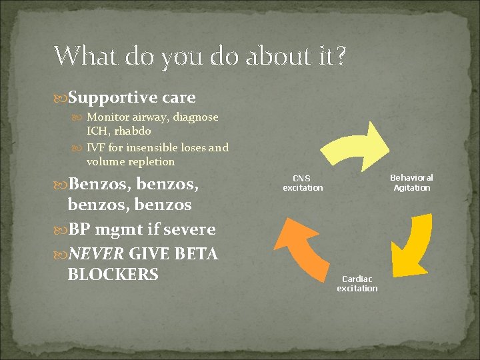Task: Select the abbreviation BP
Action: [x=80, y=229]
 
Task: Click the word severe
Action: [x=190, y=229]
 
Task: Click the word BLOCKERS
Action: [x=113, y=274]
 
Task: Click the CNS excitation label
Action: [x=303, y=183]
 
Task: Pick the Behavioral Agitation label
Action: [x=411, y=183]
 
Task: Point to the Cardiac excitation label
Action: [x=357, y=283]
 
